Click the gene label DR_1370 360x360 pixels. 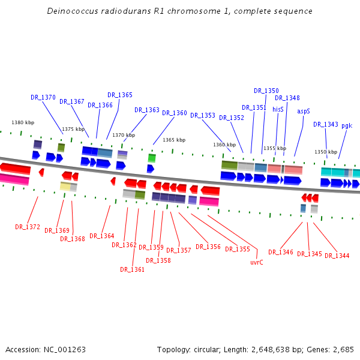point(43,97)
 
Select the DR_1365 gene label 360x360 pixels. point(120,95)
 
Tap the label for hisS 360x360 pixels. point(278,110)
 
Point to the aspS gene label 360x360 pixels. point(304,111)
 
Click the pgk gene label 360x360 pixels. point(347,125)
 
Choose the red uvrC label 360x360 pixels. point(257,262)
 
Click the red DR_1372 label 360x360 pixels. point(28,227)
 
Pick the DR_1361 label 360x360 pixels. point(132,269)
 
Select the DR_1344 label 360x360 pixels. point(337,256)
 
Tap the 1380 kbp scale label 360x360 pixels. point(23,122)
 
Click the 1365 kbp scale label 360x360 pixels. point(174,140)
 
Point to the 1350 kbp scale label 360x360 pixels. point(326,152)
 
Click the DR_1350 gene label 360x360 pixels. point(266,91)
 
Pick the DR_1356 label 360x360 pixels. point(208,247)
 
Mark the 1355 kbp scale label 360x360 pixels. point(275,148)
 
